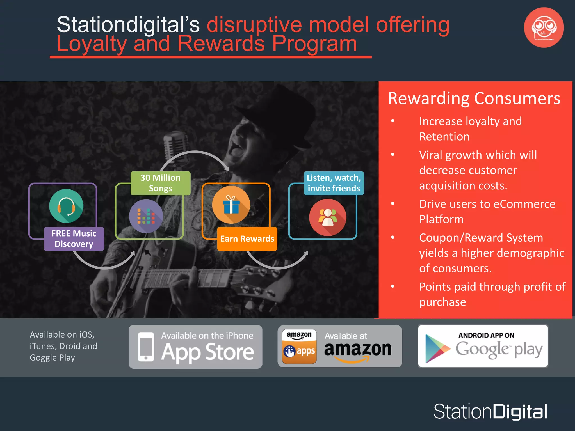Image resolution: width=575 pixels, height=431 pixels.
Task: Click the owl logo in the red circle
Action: click(x=544, y=27)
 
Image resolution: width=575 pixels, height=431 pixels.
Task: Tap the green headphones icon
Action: click(x=66, y=206)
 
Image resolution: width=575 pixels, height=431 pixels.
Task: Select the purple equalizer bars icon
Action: click(x=146, y=216)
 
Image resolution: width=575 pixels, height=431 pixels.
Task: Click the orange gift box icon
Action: click(x=231, y=205)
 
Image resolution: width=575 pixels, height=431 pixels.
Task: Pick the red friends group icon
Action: click(x=328, y=217)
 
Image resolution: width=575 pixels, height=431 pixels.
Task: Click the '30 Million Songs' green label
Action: click(x=160, y=183)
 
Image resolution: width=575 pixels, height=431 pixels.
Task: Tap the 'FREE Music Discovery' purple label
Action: click(x=74, y=239)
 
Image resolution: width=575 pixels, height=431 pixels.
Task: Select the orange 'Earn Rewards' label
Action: click(x=247, y=239)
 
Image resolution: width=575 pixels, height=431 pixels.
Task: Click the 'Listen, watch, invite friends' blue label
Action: click(x=334, y=183)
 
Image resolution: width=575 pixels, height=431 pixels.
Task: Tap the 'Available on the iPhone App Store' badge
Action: click(x=196, y=347)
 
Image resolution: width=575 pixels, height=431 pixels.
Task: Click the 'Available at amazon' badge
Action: click(x=340, y=346)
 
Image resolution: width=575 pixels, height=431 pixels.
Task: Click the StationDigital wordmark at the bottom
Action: click(x=490, y=412)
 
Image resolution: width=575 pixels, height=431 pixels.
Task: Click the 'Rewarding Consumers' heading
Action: click(x=474, y=98)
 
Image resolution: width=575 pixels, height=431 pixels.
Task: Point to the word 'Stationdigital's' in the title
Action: click(x=128, y=25)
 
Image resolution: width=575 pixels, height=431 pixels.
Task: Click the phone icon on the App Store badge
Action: click(x=146, y=347)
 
